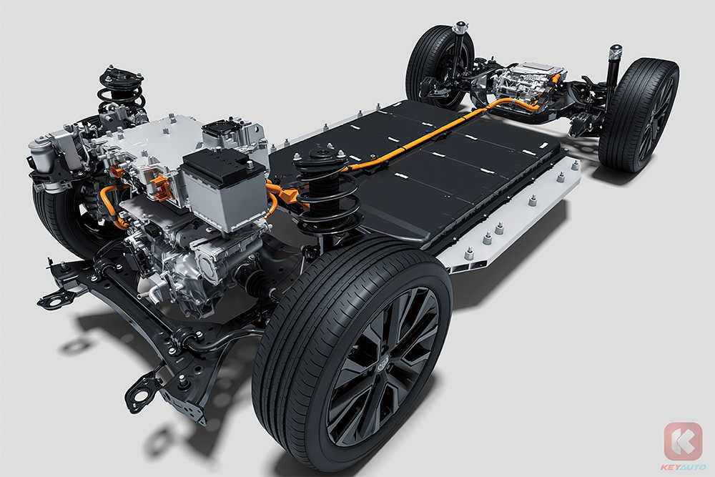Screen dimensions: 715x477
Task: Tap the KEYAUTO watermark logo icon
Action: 683,441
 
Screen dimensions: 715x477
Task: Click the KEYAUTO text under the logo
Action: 683,467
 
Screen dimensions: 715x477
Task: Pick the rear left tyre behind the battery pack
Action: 439,66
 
